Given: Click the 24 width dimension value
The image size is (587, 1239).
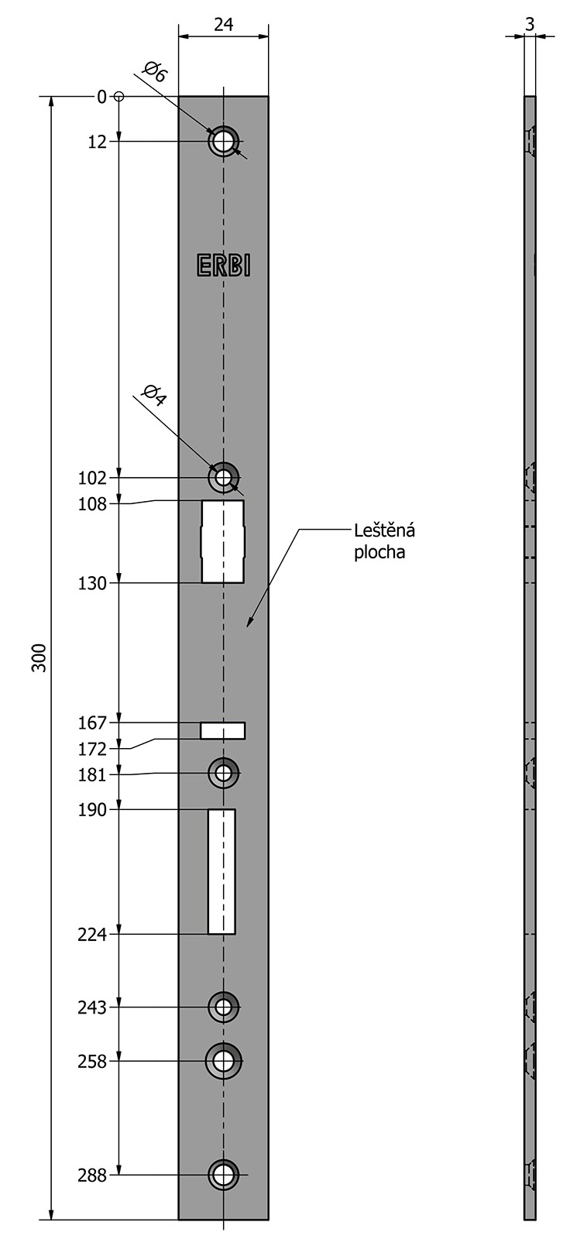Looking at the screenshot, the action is pos(224,24).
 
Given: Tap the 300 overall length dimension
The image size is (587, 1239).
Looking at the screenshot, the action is pos(39,657).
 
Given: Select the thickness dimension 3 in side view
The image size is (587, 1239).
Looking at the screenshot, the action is pos(530,24).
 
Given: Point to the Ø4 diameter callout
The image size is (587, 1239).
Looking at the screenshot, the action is pos(154,395).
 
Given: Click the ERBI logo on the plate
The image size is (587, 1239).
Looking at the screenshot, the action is pos(224,266).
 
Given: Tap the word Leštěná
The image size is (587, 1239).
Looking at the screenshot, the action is pos(385,530).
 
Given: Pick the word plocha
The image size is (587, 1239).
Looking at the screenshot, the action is pos(379,552).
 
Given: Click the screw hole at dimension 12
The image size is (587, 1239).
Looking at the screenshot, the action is pos(223,142).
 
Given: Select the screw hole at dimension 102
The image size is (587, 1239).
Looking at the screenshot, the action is pos(223,477).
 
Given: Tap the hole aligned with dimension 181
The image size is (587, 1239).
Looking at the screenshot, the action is pos(223,774).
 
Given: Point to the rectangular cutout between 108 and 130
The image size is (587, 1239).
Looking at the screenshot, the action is pos(223,541).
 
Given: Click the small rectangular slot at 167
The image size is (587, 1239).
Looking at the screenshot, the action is pos(222,731).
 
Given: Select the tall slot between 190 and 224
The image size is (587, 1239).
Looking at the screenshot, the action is pos(221,872).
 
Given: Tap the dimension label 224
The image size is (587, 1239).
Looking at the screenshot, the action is pos(92,934).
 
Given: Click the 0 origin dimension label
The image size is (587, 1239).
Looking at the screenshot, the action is pos(101,97).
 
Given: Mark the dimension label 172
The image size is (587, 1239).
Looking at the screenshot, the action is pos(92,749).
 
